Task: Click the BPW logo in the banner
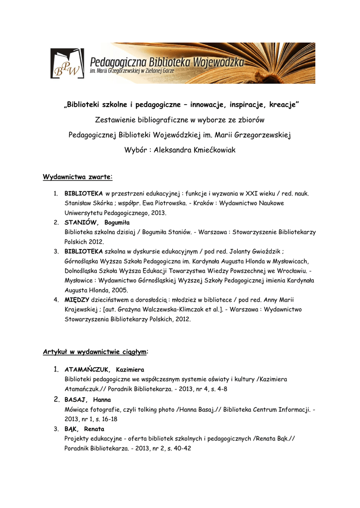click(x=67, y=64)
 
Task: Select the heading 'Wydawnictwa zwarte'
click(x=77, y=177)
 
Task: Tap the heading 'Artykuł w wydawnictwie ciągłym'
click(x=94, y=352)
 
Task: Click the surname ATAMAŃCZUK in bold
click(x=87, y=370)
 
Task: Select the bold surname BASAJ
click(x=76, y=399)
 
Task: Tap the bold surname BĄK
click(x=72, y=429)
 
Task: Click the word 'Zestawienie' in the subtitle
click(x=117, y=120)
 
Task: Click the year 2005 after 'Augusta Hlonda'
click(x=119, y=290)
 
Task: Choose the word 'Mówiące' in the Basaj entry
click(x=77, y=409)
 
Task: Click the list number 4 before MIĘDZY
click(x=56, y=300)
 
